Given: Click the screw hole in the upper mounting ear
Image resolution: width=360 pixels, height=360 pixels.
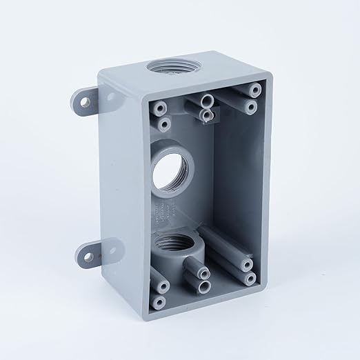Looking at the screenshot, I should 86,103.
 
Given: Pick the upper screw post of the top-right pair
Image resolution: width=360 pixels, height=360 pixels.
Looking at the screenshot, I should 256,90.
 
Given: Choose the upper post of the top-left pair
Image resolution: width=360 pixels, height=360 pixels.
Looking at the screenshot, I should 161,108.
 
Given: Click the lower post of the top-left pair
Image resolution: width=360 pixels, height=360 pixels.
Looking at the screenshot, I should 164,124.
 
